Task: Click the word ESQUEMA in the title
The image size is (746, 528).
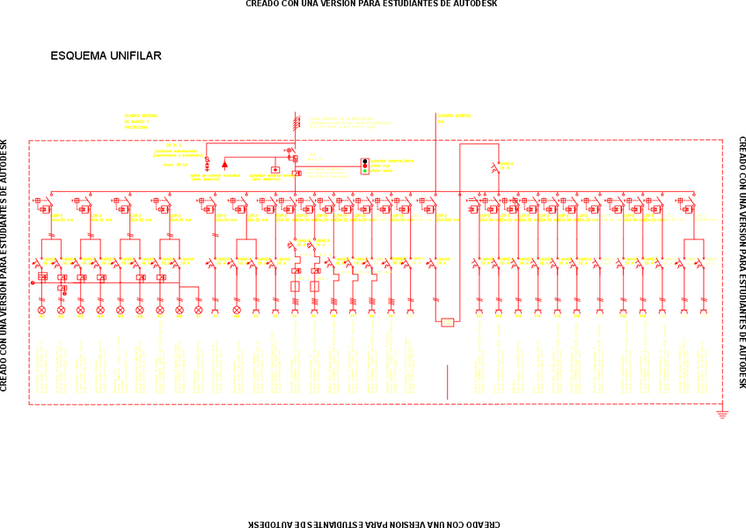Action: (x=78, y=56)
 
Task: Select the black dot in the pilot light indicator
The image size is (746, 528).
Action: (x=365, y=161)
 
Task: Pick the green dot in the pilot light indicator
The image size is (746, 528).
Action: (x=365, y=170)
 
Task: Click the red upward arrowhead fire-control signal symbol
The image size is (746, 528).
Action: (x=224, y=164)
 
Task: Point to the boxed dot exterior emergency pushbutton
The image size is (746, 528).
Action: (x=275, y=170)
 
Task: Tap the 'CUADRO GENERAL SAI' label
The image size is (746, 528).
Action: (x=454, y=116)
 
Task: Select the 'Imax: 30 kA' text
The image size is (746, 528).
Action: (x=176, y=165)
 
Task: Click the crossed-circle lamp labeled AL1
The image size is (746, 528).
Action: (x=41, y=310)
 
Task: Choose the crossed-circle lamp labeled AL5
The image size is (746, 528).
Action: (x=120, y=310)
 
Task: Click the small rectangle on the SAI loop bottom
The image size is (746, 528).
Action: (x=448, y=322)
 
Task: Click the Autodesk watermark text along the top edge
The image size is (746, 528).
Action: (x=371, y=4)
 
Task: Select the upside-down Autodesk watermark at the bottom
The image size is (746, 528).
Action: (x=371, y=524)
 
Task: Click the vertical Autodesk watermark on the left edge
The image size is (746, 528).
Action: (x=4, y=264)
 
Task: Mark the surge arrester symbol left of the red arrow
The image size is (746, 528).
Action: (x=207, y=164)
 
